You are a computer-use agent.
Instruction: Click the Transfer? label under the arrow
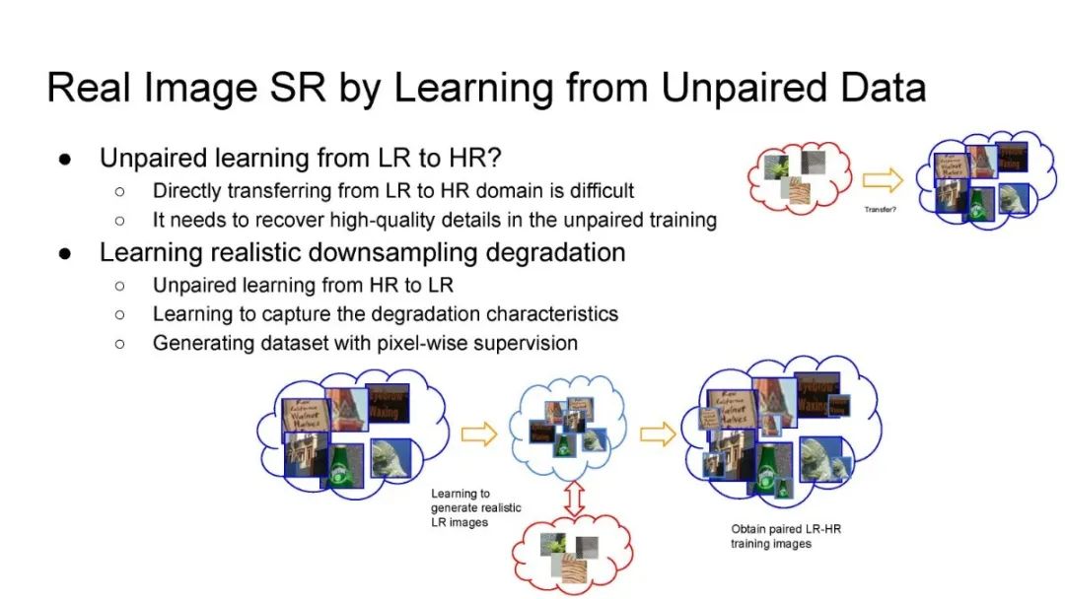pos(881,208)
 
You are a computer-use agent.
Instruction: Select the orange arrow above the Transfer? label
pos(883,180)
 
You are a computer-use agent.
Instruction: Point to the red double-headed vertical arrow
pos(574,499)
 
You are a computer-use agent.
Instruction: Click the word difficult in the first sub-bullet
pos(590,190)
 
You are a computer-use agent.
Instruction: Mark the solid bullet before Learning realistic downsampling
pos(65,253)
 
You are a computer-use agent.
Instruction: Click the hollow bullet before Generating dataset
pos(119,344)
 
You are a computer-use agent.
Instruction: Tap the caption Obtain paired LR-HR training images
pos(785,536)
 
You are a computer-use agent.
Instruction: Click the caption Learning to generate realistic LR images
pos(475,507)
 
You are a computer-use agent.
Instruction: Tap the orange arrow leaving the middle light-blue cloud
pos(659,433)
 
